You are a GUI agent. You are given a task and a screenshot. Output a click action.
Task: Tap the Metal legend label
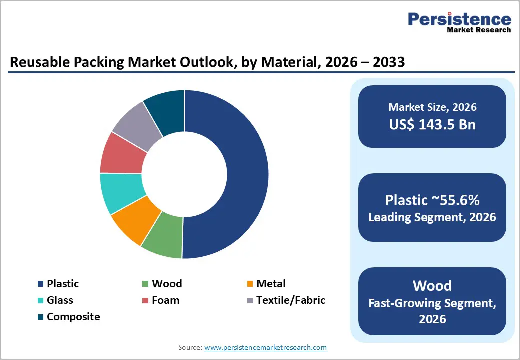point(271,284)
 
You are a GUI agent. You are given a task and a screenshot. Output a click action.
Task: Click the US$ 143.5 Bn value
point(432,125)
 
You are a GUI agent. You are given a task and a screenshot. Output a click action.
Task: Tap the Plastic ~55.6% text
point(432,200)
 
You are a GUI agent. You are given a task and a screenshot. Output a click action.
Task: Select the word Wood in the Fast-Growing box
point(432,286)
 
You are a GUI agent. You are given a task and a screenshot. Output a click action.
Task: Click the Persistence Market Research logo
point(459,23)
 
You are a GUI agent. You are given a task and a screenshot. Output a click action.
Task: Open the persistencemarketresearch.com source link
point(265,347)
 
